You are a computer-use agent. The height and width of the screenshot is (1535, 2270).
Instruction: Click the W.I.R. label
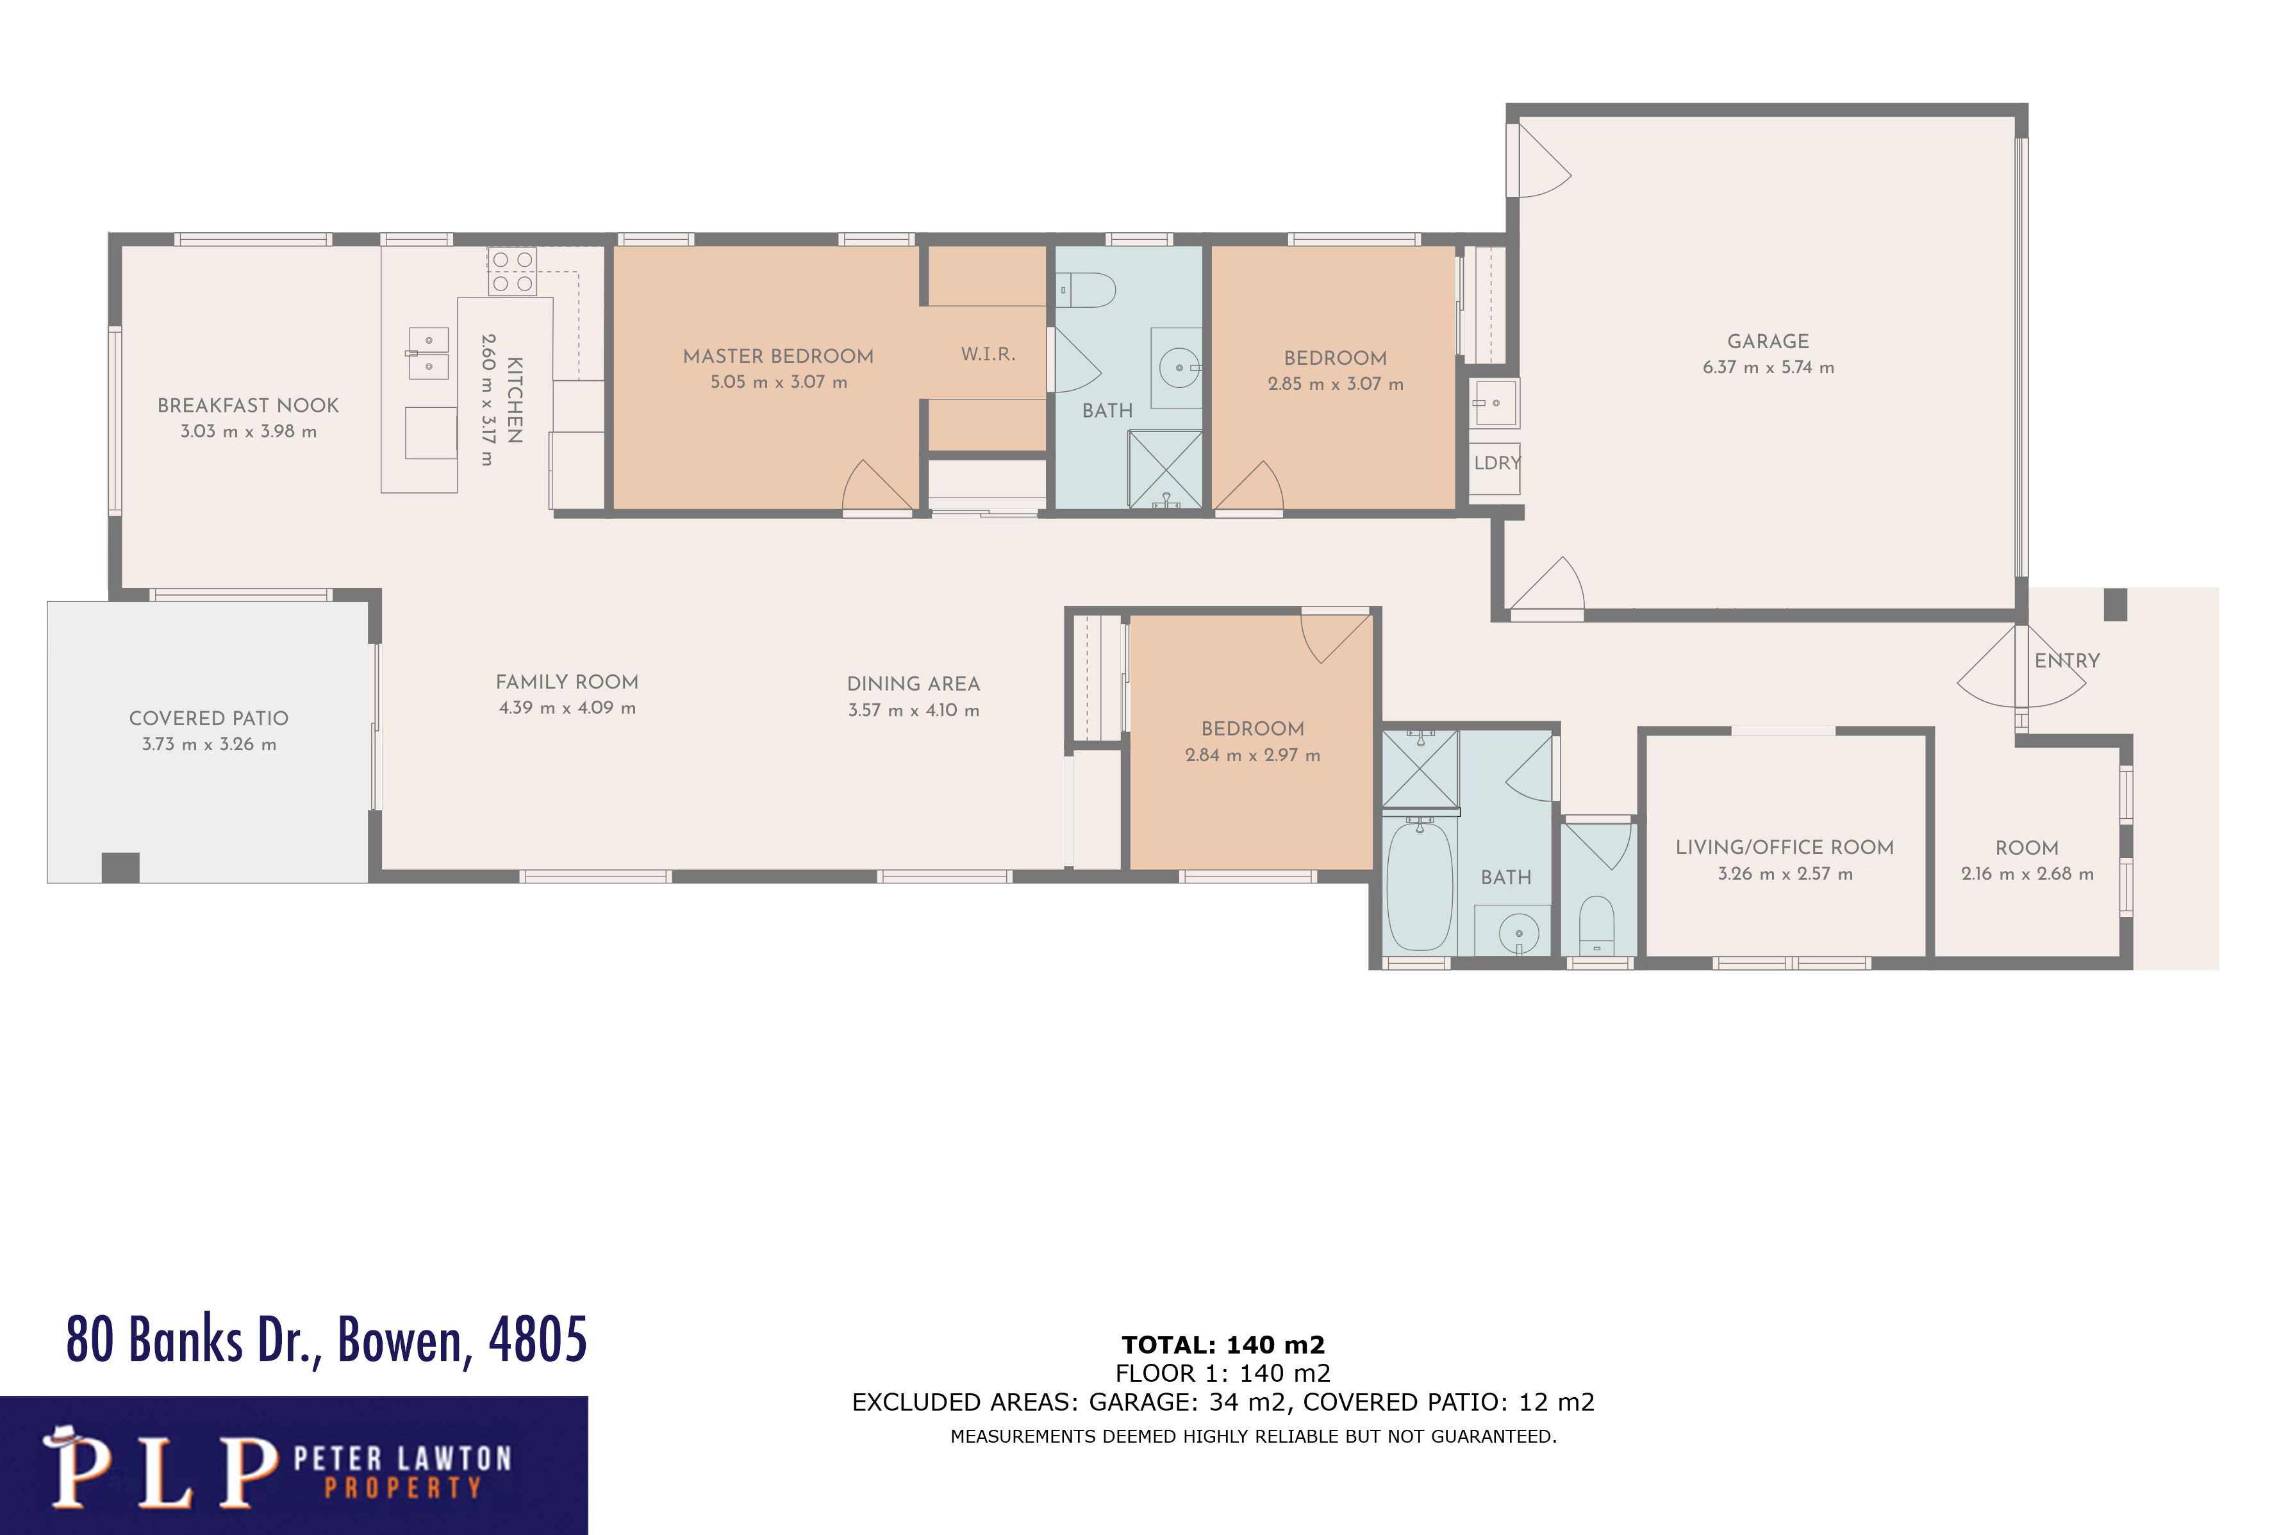(x=988, y=354)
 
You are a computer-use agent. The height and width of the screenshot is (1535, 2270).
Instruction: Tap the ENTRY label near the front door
(x=2066, y=660)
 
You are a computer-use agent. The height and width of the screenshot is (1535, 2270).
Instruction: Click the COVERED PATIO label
(x=208, y=718)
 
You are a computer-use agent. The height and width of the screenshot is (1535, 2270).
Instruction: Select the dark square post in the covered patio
(x=120, y=867)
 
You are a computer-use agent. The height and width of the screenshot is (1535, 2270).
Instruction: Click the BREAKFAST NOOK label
(x=248, y=405)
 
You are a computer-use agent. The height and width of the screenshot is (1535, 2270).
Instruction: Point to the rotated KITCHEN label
(x=515, y=399)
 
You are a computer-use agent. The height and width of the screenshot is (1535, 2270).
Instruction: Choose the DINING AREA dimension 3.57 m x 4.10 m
(x=913, y=710)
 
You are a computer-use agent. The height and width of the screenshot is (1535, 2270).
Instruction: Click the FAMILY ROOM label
(x=567, y=682)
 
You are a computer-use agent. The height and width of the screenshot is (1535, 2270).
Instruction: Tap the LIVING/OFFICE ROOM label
(x=1784, y=847)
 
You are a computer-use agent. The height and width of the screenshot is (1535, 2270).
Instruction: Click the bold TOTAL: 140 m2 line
(x=1223, y=1345)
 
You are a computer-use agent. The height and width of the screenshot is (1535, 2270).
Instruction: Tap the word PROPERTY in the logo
(x=402, y=1488)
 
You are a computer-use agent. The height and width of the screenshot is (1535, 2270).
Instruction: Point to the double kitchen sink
(x=428, y=353)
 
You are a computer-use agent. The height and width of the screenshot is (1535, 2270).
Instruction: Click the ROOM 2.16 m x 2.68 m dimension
(x=2026, y=873)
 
